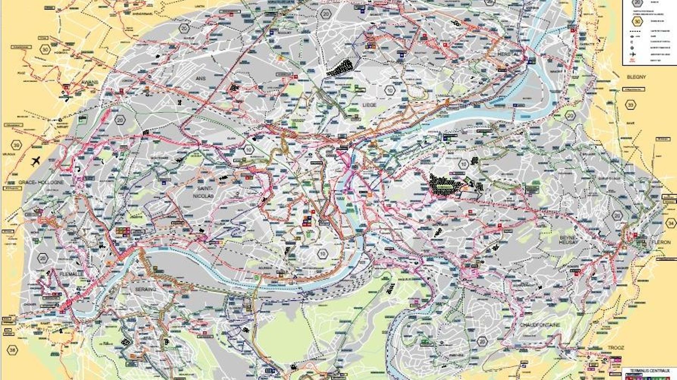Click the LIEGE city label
point(369,105)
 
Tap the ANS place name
point(200,78)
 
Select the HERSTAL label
point(508,54)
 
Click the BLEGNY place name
point(636,77)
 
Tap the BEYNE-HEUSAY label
point(568,240)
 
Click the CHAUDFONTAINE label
point(540,325)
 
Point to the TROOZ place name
point(616,348)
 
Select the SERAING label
point(146,289)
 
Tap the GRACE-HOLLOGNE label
point(41,182)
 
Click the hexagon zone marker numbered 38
point(13,350)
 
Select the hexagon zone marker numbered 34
point(671,223)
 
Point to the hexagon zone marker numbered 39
point(16,145)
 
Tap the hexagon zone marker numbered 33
point(631,105)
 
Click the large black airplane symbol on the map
point(35,162)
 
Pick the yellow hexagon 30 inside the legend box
point(637,21)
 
